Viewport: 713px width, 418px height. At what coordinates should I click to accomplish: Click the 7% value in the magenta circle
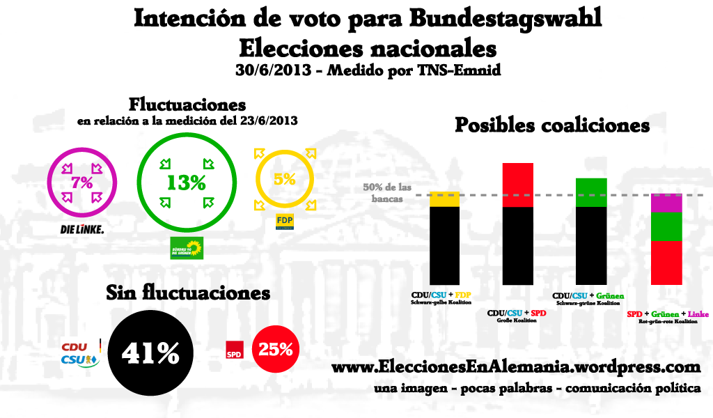82,183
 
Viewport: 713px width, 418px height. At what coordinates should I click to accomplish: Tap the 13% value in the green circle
186,183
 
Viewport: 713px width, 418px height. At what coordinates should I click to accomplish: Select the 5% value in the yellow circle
285,179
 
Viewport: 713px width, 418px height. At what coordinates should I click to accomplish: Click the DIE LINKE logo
82,229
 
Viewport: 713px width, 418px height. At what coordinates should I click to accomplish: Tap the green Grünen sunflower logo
187,247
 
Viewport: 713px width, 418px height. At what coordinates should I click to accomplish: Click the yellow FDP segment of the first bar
444,199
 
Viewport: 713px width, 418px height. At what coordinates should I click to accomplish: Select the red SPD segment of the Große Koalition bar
518,185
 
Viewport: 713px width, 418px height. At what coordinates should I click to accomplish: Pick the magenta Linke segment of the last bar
666,203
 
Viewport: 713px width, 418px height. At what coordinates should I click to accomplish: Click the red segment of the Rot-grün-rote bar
666,262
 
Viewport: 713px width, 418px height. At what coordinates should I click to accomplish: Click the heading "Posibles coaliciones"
552,125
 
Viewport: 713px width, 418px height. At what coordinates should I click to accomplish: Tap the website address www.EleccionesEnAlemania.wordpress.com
515,367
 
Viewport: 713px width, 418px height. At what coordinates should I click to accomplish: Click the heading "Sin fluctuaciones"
187,293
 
